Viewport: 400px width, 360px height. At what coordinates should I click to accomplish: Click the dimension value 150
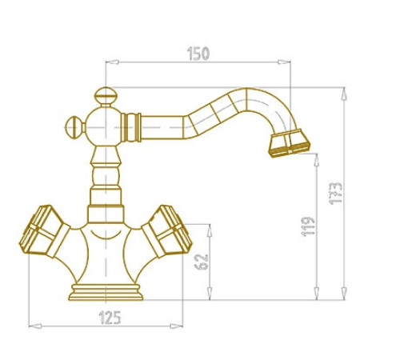click(x=198, y=54)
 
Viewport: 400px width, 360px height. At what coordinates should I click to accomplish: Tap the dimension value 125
click(x=110, y=318)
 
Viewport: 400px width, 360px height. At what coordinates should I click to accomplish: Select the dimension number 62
click(x=202, y=262)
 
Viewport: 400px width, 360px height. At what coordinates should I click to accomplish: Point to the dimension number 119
click(x=308, y=226)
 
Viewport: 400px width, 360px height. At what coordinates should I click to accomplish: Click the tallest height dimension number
click(x=335, y=194)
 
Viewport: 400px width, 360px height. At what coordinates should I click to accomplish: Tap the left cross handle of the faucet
click(x=44, y=231)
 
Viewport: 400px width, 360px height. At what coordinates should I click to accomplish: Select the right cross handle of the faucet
click(x=167, y=231)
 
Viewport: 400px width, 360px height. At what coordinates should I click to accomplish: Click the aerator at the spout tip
click(x=290, y=143)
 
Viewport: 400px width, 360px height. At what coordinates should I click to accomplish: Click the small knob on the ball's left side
click(x=75, y=127)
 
